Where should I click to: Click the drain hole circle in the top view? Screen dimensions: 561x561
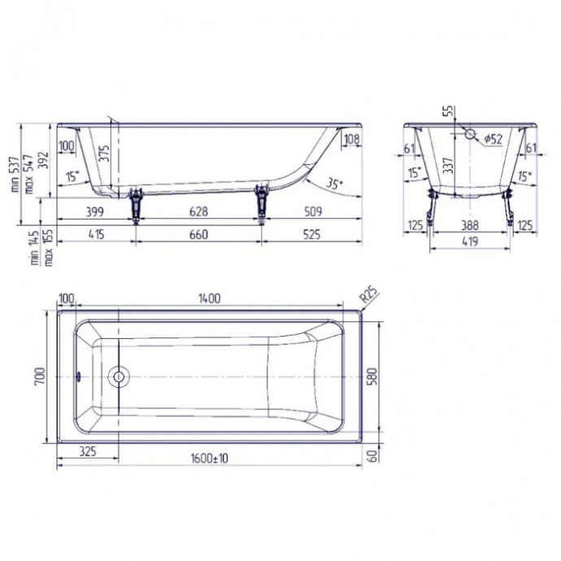click(120, 377)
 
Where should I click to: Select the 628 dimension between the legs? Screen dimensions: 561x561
click(198, 212)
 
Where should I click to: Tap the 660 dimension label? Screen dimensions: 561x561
click(198, 235)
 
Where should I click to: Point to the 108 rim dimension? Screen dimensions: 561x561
click(351, 140)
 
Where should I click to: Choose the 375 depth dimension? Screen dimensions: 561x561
click(104, 154)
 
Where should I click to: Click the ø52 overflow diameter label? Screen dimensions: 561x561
click(492, 140)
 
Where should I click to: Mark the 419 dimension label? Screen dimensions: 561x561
click(470, 241)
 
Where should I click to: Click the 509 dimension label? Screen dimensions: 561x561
click(311, 212)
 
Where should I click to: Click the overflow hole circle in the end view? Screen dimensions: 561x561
click(470, 133)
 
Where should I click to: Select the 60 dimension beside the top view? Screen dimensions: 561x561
click(373, 458)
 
